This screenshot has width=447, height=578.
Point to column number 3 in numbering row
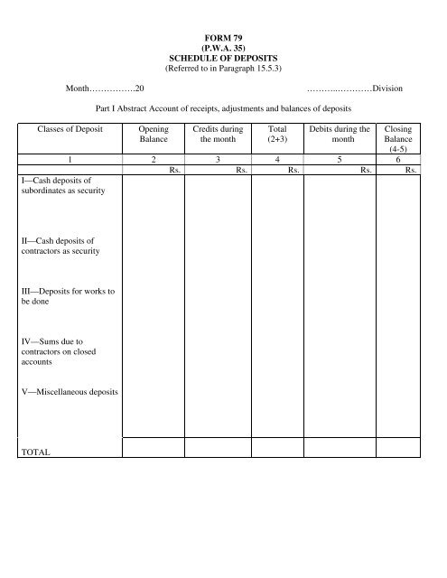point(218,158)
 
